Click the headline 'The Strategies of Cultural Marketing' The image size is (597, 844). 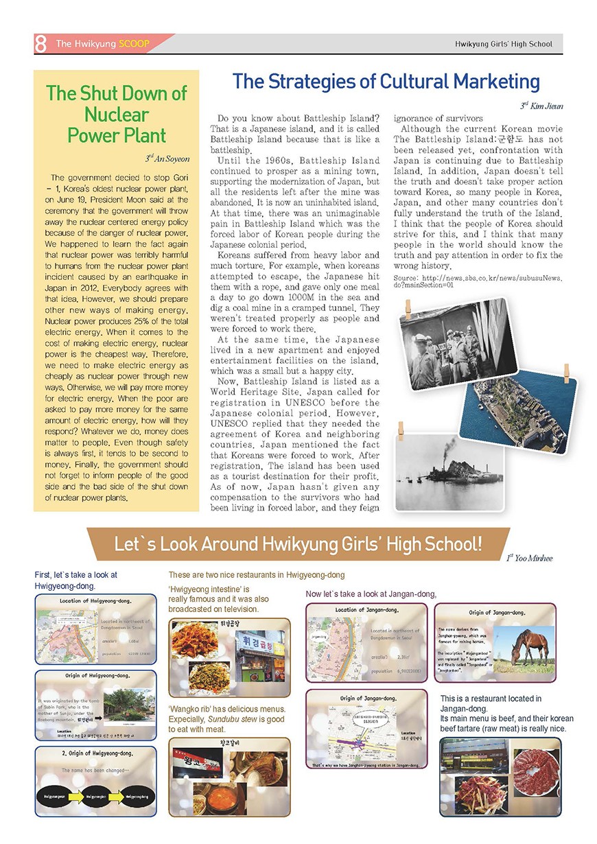click(x=386, y=82)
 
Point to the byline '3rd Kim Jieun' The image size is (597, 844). click(x=542, y=105)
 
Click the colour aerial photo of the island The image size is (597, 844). click(x=526, y=410)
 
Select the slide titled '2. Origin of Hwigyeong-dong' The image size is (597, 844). click(x=96, y=780)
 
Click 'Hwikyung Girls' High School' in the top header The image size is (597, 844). click(x=503, y=45)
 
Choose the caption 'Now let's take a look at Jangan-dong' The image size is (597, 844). click(x=371, y=594)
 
